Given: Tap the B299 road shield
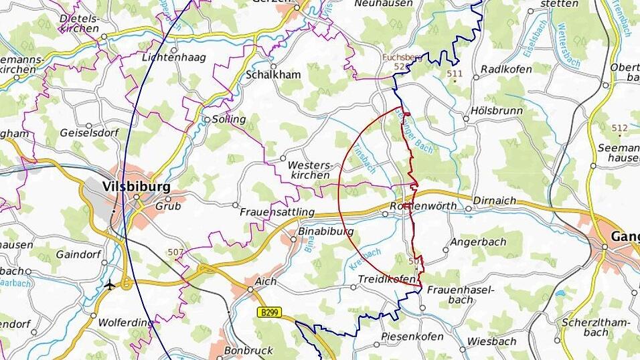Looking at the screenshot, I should coord(269,312).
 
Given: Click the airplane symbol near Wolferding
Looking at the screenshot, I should coord(110,284).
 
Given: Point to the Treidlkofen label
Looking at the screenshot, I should coord(386,278).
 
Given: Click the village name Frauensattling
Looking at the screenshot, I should coord(276,211).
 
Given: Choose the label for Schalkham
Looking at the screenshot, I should coord(273,75).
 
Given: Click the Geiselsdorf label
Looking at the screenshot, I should coord(89,132).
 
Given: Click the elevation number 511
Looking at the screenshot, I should coord(455,73).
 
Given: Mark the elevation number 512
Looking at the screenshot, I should coord(619,128).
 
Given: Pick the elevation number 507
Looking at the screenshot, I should coord(176,252).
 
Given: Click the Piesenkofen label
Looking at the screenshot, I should coord(412,336).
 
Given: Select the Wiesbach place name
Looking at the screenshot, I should coord(491,341).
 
